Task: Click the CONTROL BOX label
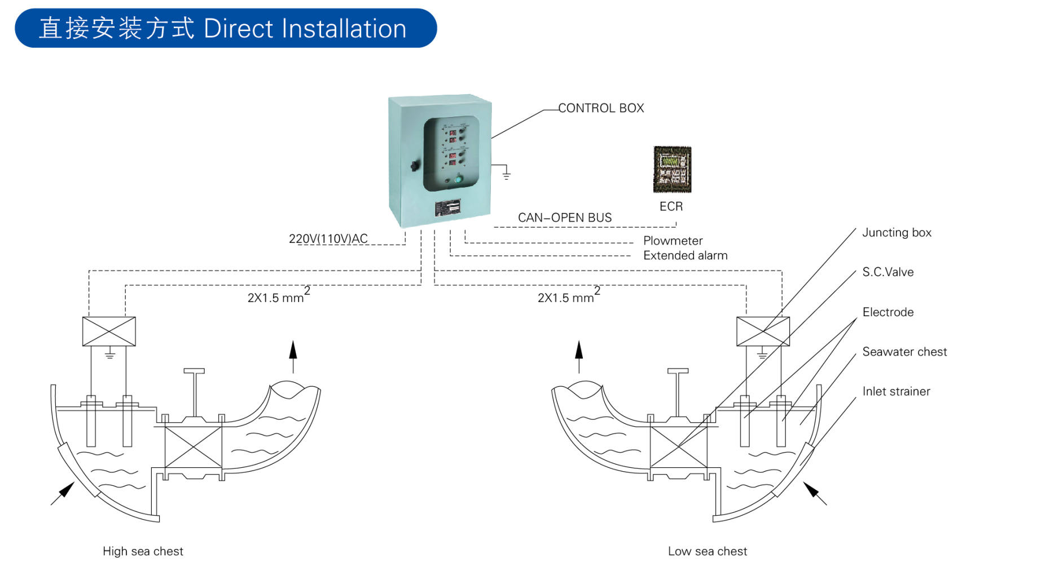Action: click(601, 108)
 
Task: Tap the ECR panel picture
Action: click(672, 169)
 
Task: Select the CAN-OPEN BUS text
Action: click(564, 218)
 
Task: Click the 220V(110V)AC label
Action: click(328, 239)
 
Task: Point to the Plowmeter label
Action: click(673, 241)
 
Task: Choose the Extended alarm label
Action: click(685, 256)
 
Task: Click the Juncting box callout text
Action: click(897, 233)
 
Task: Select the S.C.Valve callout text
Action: click(887, 272)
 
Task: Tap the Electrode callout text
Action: click(887, 312)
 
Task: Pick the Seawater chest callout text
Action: click(904, 352)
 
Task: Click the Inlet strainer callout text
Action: click(896, 392)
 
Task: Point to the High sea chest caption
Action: click(143, 551)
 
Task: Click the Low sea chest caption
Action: click(707, 551)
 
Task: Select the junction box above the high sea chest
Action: click(109, 331)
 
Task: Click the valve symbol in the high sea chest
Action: click(193, 447)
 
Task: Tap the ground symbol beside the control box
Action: click(506, 174)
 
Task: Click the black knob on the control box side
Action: click(414, 166)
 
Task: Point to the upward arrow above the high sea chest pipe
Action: click(293, 355)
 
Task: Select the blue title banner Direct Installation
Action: click(226, 28)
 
